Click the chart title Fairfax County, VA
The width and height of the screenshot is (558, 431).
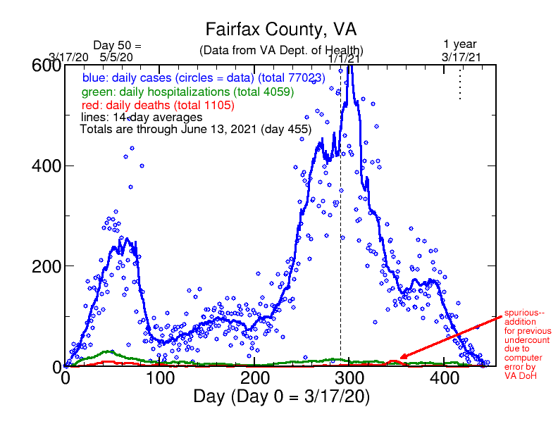click(x=281, y=30)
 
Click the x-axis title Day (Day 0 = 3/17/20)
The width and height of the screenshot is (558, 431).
click(x=281, y=396)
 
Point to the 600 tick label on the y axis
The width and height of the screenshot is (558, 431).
click(x=46, y=65)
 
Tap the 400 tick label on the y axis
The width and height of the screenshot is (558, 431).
click(x=46, y=166)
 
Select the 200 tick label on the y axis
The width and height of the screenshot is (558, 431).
click(x=46, y=266)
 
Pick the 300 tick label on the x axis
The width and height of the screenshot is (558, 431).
click(x=351, y=379)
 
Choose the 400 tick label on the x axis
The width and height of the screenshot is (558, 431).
click(x=446, y=379)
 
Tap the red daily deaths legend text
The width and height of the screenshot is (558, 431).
click(x=176, y=104)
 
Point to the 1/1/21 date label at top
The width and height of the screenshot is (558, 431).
click(x=345, y=59)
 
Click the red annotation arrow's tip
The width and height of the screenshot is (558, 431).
click(x=399, y=359)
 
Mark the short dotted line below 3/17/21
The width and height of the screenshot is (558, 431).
click(x=460, y=82)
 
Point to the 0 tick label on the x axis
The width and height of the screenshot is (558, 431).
click(x=66, y=379)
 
